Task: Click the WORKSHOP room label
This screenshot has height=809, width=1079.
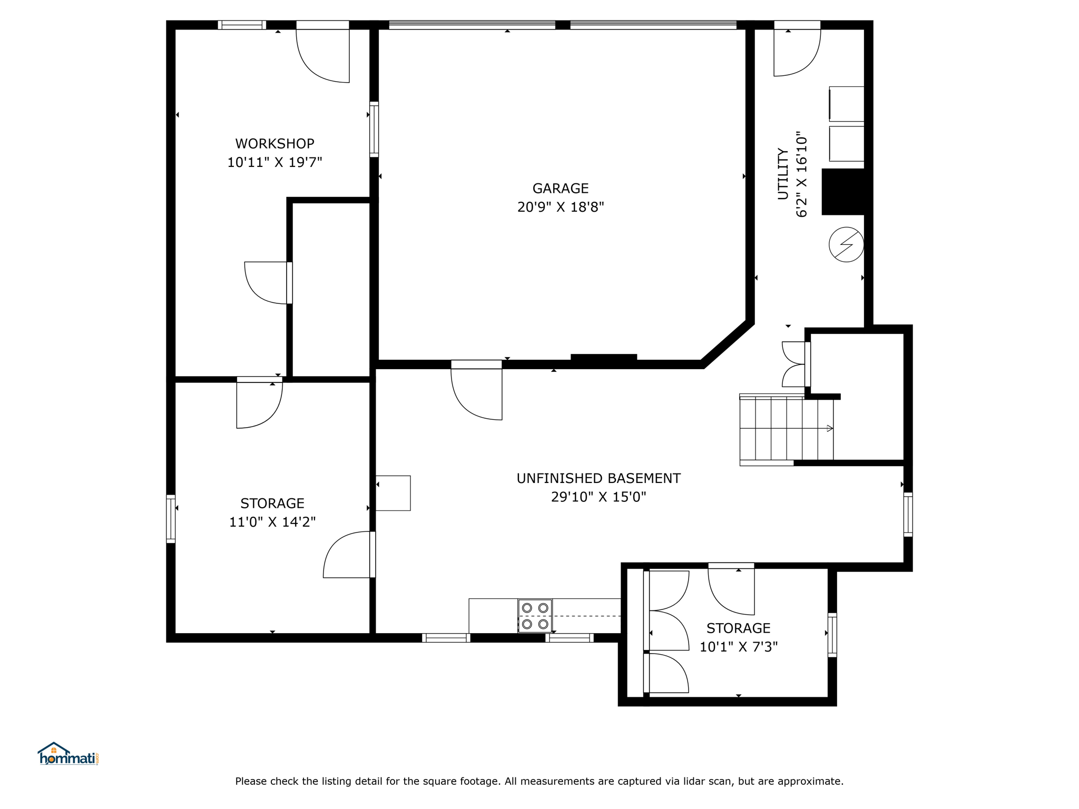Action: click(274, 143)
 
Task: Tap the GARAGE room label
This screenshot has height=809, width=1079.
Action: click(561, 188)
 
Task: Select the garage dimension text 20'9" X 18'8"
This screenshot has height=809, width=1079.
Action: click(561, 207)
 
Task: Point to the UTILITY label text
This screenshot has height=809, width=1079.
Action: click(783, 174)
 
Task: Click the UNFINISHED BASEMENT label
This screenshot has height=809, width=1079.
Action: click(599, 478)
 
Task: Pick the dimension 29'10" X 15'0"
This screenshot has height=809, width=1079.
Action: click(599, 497)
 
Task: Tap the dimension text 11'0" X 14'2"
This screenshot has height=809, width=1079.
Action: click(272, 522)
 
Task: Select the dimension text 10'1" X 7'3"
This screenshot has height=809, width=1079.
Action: click(739, 647)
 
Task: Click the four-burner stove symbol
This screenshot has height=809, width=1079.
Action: click(535, 616)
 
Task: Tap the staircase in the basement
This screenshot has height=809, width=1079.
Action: click(787, 429)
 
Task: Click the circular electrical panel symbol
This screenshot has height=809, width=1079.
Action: click(846, 244)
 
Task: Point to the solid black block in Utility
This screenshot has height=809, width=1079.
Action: click(843, 192)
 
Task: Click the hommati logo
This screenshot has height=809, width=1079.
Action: click(68, 754)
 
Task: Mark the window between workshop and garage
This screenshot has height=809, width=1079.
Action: click(374, 129)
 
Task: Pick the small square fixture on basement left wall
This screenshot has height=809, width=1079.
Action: click(393, 493)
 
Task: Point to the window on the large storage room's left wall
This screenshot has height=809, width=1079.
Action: click(171, 519)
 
